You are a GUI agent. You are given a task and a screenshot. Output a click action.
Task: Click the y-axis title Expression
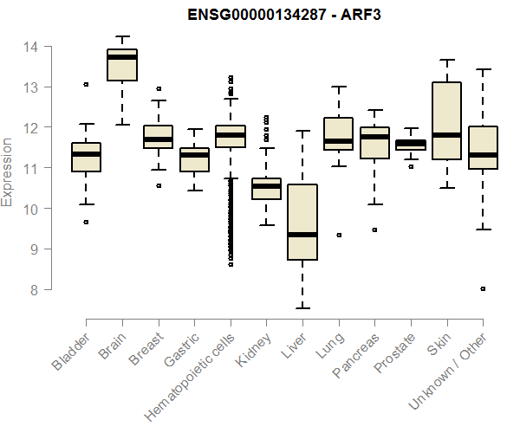pos(9,171)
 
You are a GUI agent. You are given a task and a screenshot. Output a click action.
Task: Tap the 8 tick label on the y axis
pos(40,290)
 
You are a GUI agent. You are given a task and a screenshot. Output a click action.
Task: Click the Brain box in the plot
pos(121,65)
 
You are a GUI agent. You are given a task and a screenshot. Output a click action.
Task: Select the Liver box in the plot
pos(302,222)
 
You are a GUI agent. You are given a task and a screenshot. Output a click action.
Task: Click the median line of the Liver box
pos(302,235)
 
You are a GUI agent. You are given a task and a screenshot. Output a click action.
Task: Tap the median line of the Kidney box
pos(266,186)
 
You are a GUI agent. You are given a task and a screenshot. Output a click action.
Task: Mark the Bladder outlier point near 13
pos(86,85)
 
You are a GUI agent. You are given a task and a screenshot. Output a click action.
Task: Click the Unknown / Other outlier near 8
pos(483,288)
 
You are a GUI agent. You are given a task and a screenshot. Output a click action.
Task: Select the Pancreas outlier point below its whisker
pos(374,230)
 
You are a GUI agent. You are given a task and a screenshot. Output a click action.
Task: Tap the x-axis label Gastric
pos(179,350)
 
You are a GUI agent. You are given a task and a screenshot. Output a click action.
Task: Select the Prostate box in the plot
pos(410,144)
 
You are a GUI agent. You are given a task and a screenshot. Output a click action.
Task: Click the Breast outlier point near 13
pos(158,88)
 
